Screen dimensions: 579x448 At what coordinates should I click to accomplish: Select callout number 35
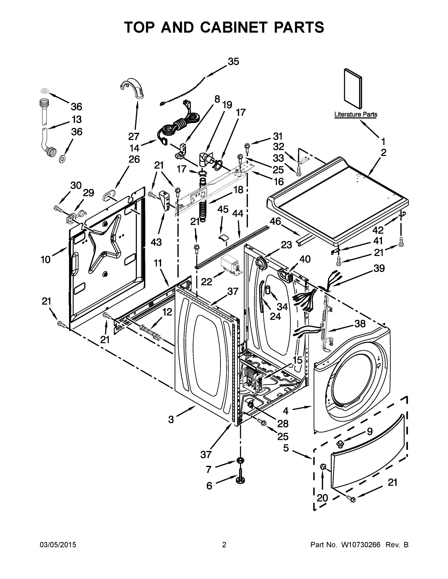(233, 62)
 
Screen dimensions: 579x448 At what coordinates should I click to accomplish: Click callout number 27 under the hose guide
(134, 136)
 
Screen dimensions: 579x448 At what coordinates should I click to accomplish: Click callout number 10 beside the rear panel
(45, 260)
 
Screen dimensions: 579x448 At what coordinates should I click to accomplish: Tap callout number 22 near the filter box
(206, 282)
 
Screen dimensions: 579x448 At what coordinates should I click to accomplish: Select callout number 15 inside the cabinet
(298, 360)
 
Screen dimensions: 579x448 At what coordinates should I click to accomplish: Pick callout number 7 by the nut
(209, 469)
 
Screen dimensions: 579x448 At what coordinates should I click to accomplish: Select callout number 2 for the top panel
(384, 153)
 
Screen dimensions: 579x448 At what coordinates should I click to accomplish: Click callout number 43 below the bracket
(156, 242)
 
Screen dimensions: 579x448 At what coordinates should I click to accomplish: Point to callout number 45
(223, 209)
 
